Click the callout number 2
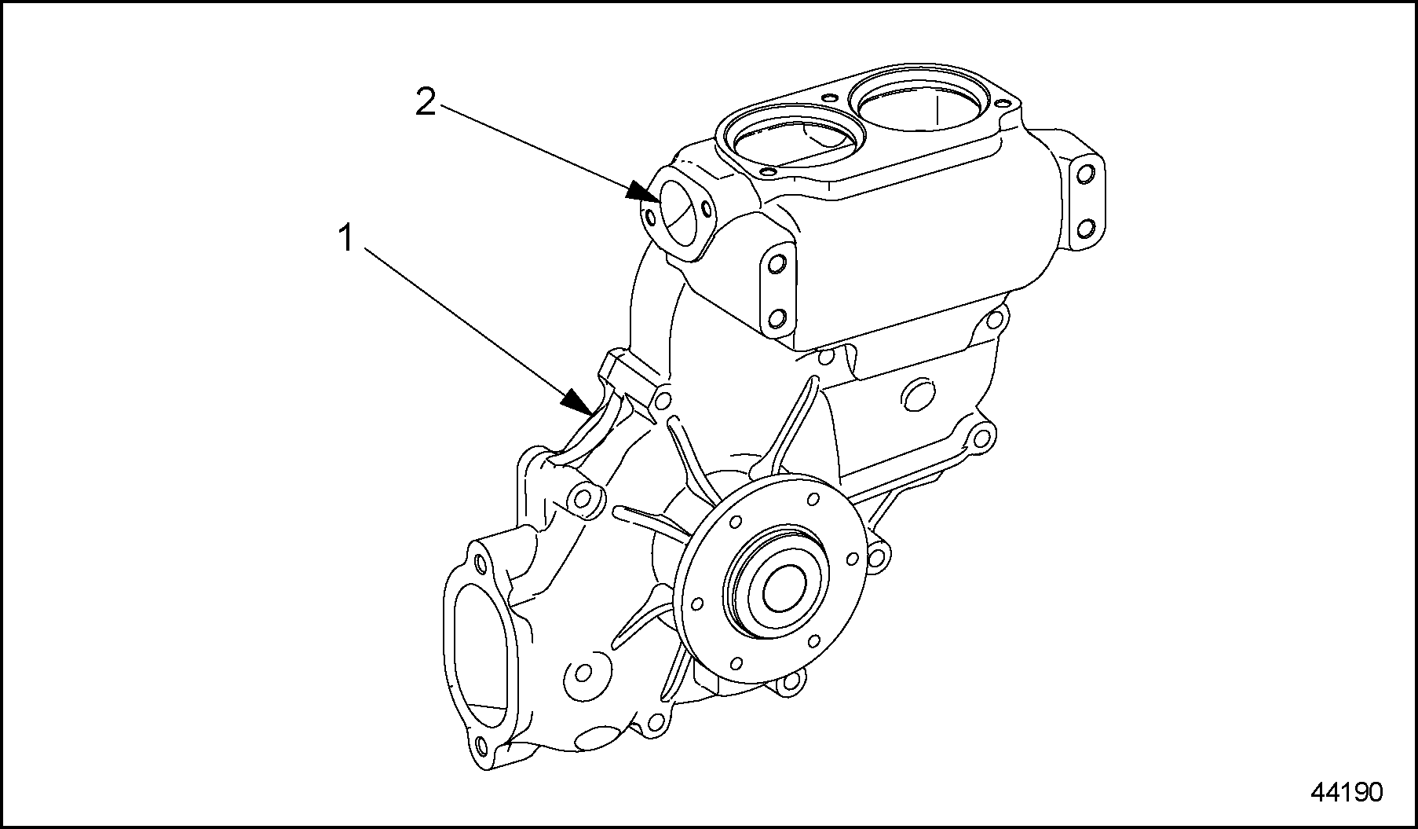(425, 102)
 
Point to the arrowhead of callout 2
(643, 191)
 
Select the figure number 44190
(1346, 792)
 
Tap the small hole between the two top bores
(828, 97)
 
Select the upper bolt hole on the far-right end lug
(1086, 174)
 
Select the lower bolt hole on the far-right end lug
(1086, 229)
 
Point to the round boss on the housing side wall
(915, 395)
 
